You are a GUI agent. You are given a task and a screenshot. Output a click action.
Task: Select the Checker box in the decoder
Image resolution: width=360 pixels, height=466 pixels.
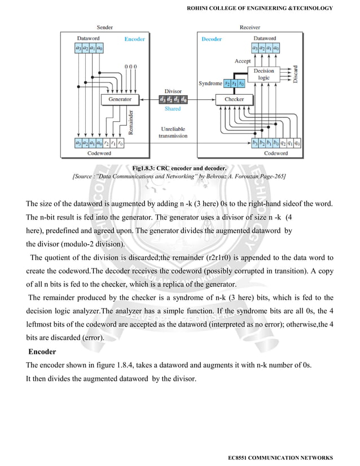click(234, 99)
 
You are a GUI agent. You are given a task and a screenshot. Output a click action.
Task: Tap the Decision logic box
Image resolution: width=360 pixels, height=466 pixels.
click(264, 74)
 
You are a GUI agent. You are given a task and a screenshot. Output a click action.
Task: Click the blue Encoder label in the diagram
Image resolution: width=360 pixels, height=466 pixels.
click(134, 39)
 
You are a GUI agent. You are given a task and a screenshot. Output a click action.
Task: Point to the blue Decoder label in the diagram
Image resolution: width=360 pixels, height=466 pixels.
click(212, 39)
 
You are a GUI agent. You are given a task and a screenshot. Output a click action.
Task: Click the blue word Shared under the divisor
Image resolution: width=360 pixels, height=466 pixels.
click(173, 109)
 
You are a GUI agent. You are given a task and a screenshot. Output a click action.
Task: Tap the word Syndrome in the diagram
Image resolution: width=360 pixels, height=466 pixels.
click(209, 83)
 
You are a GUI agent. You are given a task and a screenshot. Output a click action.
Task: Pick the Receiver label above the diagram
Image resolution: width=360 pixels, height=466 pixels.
click(250, 27)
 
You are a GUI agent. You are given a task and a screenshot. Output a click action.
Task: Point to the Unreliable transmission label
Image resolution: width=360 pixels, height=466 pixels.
click(173, 133)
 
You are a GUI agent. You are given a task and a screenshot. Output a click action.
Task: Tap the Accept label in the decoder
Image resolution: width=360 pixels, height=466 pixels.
click(243, 60)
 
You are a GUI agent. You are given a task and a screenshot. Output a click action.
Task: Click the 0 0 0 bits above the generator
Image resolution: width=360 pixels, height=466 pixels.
click(130, 67)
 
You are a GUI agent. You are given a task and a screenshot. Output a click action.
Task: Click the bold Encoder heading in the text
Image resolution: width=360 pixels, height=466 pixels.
click(42, 352)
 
